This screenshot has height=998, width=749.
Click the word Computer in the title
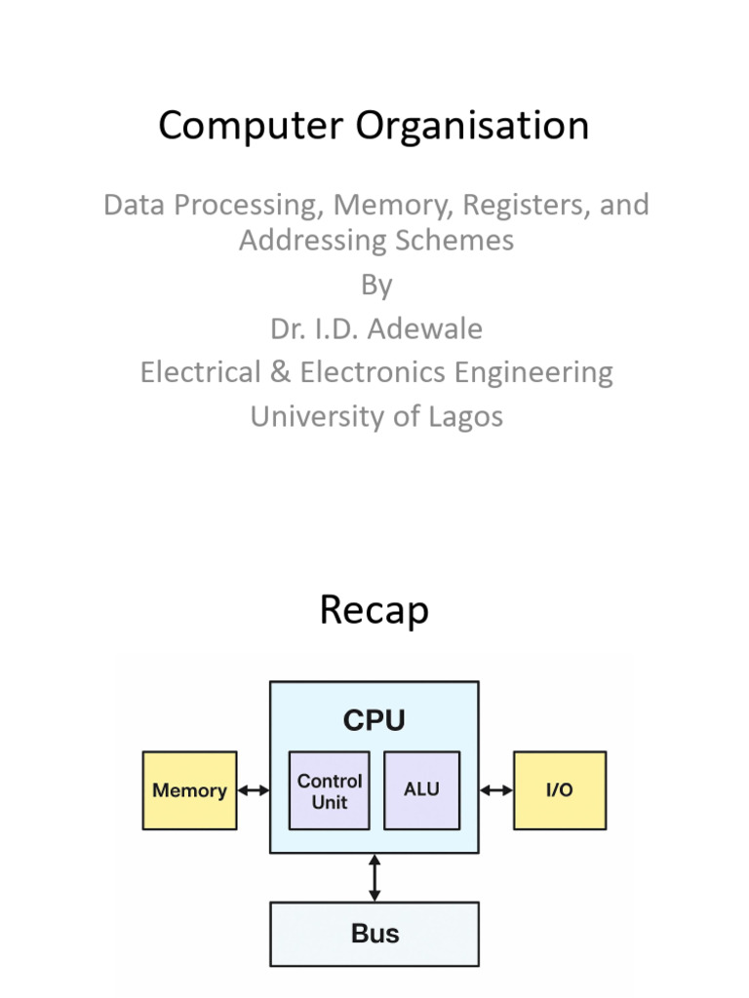[251, 126]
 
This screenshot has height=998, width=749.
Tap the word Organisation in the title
[472, 126]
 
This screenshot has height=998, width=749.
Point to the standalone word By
[376, 286]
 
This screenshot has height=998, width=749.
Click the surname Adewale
[425, 329]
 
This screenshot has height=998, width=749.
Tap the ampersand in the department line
[280, 372]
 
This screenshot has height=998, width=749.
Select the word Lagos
[465, 418]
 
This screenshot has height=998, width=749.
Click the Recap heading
[374, 610]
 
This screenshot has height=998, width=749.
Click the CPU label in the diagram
[374, 720]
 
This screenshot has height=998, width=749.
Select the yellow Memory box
[190, 790]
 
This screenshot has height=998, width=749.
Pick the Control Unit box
[330, 790]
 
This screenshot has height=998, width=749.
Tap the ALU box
[421, 790]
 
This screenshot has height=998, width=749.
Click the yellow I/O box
[560, 790]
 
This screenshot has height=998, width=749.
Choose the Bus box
[374, 934]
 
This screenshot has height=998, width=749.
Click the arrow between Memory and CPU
[254, 790]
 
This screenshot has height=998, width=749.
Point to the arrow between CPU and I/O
[496, 790]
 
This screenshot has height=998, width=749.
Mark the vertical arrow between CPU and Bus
[374, 878]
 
